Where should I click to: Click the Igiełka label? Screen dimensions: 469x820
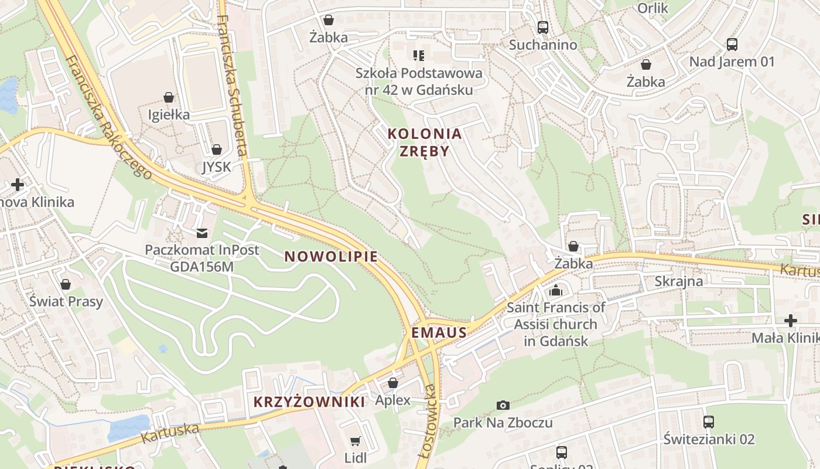169,114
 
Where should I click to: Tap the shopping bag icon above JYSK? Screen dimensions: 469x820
217,149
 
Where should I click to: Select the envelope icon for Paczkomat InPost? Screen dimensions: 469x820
202,233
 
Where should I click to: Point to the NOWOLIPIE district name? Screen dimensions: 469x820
331,257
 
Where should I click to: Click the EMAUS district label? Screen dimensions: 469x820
439,333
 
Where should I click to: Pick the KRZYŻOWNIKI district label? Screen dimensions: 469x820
309,402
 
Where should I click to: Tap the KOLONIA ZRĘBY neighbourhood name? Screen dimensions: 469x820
425,142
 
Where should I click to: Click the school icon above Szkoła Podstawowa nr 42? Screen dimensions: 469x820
419,56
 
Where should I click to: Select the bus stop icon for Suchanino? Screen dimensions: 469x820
543,27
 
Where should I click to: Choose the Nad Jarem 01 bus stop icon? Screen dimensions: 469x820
732,44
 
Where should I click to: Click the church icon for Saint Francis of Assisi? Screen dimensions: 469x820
556,290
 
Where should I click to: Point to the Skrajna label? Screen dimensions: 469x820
678,281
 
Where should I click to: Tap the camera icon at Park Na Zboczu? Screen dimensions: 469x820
503,405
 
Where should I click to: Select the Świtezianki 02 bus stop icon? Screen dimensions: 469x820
709,422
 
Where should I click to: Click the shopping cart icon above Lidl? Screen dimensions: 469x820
355,441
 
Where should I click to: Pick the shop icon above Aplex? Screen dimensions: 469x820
393,383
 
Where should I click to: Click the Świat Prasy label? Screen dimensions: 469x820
66,301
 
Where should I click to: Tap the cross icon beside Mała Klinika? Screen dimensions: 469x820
790,321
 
